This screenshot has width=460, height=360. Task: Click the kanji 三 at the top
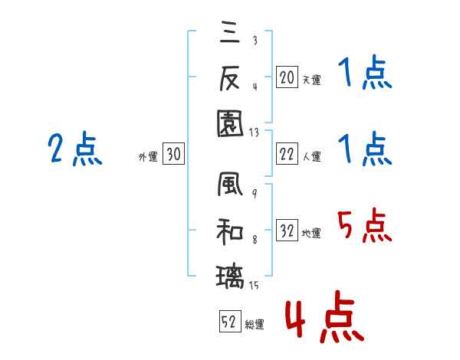(229, 35)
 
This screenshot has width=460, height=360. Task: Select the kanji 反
(229, 77)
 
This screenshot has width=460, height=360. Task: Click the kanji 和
(229, 230)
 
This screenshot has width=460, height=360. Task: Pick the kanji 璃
(229, 273)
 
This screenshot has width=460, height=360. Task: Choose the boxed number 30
(173, 155)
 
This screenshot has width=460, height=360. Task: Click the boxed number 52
(228, 323)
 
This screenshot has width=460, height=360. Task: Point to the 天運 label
(311, 80)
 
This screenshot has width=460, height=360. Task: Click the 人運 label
(311, 156)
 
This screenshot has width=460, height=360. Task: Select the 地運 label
(311, 233)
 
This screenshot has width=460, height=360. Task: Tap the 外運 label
(148, 156)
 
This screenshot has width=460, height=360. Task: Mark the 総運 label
(254, 325)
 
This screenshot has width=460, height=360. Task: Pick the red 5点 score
(365, 227)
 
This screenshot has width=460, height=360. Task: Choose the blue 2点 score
(74, 149)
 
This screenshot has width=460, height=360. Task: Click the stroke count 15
(255, 286)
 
